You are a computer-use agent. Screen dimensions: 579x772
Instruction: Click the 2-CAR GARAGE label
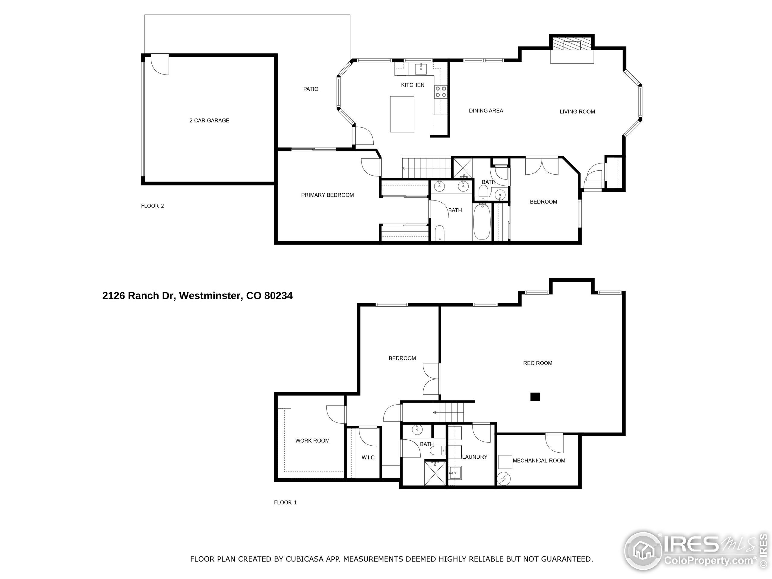point(209,120)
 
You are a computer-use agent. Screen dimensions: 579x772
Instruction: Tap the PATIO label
point(311,89)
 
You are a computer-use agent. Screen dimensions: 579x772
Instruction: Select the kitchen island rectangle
point(402,114)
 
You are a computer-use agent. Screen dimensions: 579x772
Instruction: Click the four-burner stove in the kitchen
point(441,92)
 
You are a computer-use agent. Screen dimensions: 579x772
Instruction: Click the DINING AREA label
point(486,111)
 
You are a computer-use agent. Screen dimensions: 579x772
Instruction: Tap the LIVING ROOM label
point(577,112)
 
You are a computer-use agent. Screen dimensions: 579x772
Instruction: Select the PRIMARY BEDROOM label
point(327,195)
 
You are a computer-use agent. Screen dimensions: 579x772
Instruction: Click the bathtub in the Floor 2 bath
point(482,222)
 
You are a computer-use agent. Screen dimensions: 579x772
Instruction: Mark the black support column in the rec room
point(535,397)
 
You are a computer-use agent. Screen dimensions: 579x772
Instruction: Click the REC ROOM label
point(537,363)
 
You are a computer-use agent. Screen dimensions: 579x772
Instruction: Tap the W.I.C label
point(368,457)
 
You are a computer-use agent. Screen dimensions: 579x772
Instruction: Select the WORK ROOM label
point(312,441)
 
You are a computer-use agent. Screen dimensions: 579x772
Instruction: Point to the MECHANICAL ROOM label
point(539,461)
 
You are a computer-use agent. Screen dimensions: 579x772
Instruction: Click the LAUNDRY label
point(475,457)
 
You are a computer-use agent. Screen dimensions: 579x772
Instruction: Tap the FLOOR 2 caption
point(152,206)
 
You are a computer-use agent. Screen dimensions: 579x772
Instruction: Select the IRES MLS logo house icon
point(643,552)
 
